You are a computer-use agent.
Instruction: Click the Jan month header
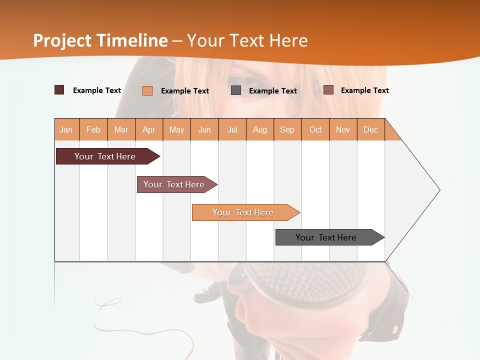pos(66,129)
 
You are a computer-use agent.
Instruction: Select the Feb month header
pos(93,129)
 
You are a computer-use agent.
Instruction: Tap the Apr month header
pos(149,129)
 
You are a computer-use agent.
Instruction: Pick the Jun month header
pos(204,129)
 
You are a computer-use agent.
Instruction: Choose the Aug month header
pos(260,129)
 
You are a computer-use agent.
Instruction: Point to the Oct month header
pos(315,129)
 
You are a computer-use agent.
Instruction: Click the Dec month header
pos(371,129)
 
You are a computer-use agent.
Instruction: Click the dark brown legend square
pos(59,90)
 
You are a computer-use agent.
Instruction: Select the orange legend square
pos(147,90)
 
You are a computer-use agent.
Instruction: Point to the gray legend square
pos(236,90)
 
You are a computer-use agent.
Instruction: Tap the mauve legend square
pos(328,90)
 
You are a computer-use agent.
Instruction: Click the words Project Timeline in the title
pos(100,40)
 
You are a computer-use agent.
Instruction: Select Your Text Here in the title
pos(247,40)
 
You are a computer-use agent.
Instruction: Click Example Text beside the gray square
pos(272,91)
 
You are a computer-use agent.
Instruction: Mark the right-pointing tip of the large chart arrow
pos(439,190)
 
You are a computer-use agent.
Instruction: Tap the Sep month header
pos(287,129)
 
